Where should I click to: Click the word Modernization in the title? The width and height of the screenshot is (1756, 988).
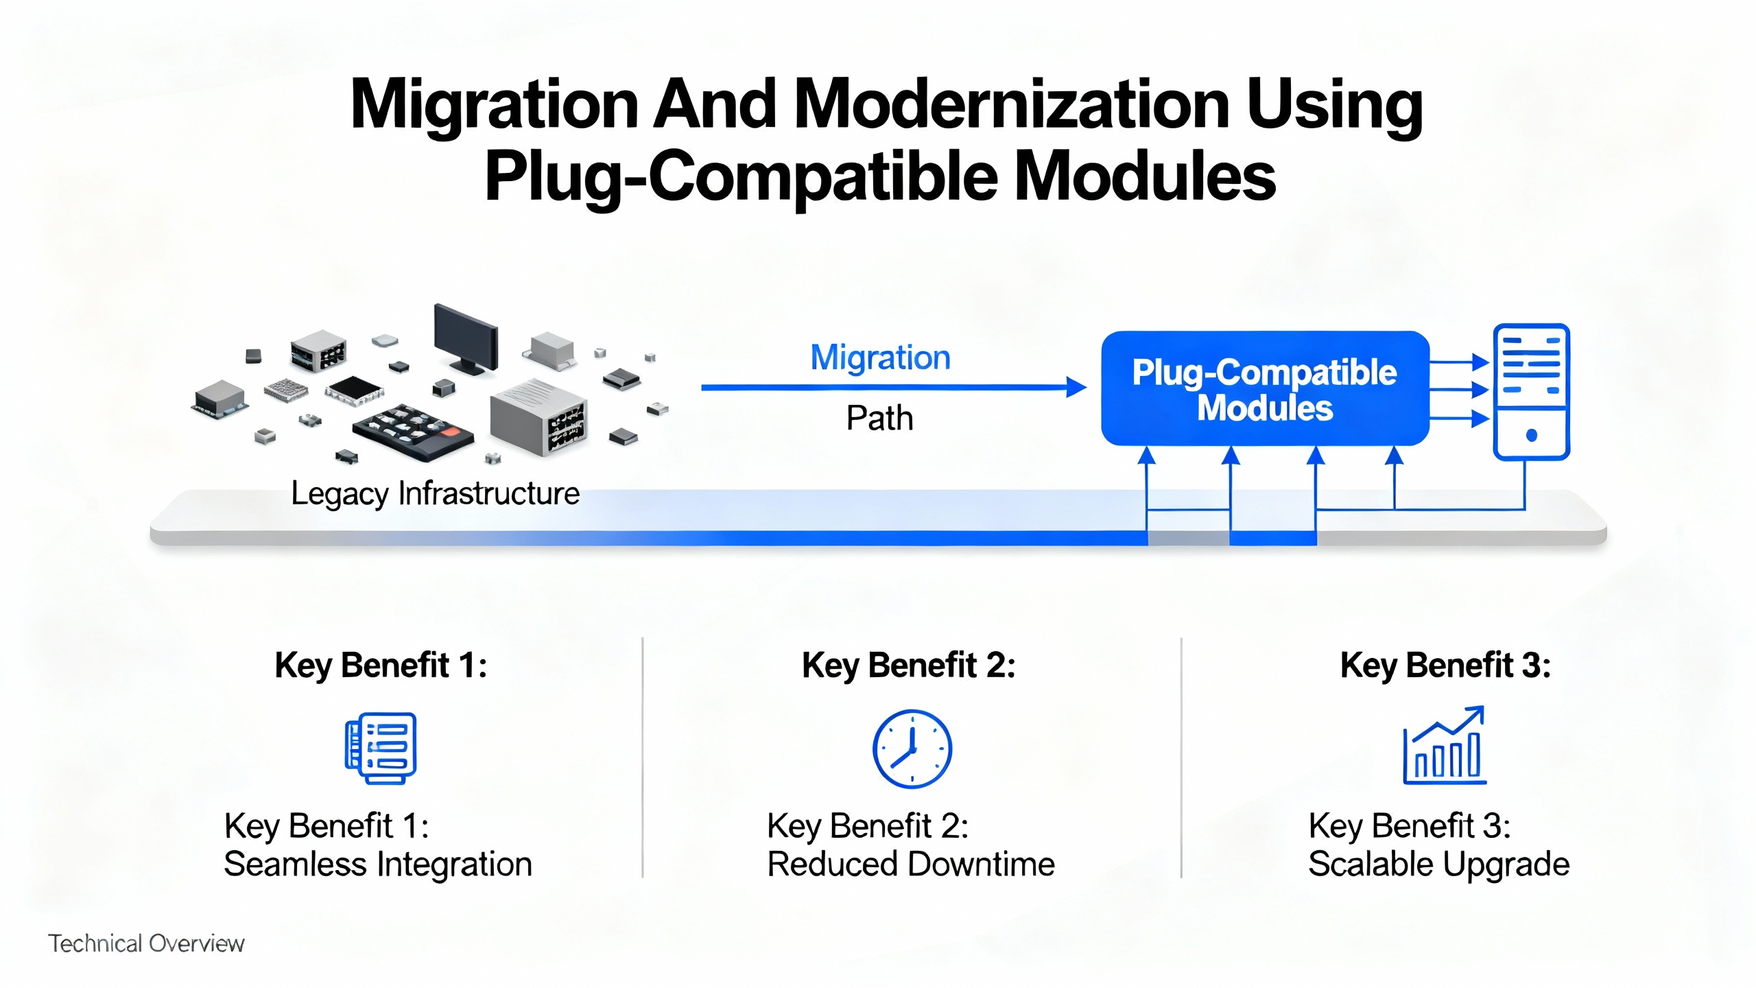[x=1011, y=104]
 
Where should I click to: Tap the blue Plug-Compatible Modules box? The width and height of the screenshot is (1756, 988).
[x=1264, y=389]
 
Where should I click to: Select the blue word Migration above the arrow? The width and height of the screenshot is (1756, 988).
[x=880, y=357]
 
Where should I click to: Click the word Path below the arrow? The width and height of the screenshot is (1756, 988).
[x=879, y=418]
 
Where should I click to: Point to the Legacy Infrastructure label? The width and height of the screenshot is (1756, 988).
[x=435, y=493]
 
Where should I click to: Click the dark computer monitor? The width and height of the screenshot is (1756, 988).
[x=466, y=338]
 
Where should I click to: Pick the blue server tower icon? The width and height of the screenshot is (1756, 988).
[x=1531, y=390]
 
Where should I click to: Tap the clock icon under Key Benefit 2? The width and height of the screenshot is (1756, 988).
[x=912, y=749]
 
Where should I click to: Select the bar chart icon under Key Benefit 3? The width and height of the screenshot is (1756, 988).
[x=1445, y=746]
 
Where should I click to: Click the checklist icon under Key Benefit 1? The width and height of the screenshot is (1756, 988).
[x=381, y=748]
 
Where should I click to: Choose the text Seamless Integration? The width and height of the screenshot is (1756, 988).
[x=378, y=864]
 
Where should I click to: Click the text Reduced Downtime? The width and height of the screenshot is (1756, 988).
[x=910, y=864]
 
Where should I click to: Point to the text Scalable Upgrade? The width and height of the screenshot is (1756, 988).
[x=1438, y=864]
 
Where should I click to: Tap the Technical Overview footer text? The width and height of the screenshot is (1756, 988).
[x=146, y=943]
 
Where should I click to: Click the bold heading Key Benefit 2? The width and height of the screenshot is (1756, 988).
[x=908, y=665]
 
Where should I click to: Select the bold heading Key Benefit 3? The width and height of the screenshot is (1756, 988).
[x=1445, y=665]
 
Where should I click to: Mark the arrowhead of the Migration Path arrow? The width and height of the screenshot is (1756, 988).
[x=1076, y=388]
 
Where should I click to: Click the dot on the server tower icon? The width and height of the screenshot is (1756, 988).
[x=1532, y=435]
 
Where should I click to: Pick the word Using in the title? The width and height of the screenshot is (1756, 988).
[x=1333, y=104]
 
